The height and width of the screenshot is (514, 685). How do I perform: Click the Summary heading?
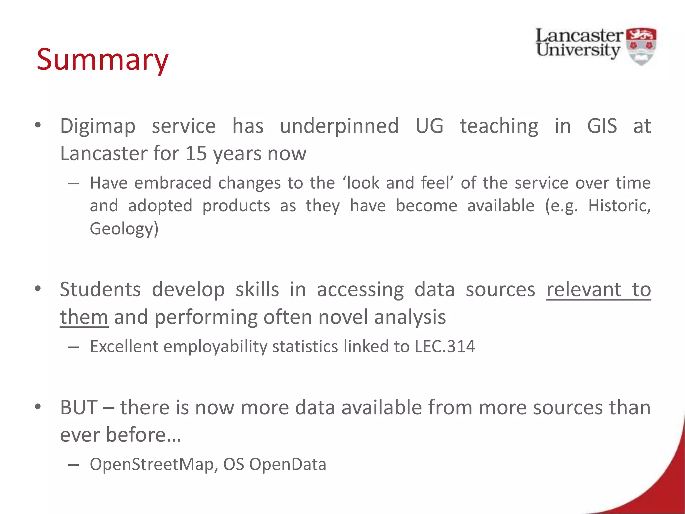(102, 59)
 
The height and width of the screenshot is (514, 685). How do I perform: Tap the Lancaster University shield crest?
(641, 46)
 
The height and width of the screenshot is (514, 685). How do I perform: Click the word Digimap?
(98, 126)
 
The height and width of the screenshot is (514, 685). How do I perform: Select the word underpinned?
(339, 126)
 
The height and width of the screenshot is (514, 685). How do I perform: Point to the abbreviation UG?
(429, 126)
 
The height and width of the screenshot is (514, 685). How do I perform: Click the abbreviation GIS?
(602, 126)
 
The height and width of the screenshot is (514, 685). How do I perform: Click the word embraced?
(173, 183)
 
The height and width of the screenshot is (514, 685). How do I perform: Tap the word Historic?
(619, 206)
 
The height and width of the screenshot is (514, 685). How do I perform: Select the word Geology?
(122, 229)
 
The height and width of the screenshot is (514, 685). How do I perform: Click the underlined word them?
(84, 317)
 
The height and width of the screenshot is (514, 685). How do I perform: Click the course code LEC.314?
(445, 346)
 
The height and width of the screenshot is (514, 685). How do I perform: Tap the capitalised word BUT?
(79, 408)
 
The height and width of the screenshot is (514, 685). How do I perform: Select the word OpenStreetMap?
(152, 464)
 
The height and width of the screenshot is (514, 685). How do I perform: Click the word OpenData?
(288, 464)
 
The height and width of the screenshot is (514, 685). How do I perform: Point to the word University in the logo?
(578, 50)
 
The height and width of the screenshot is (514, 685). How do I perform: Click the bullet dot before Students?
(38, 288)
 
